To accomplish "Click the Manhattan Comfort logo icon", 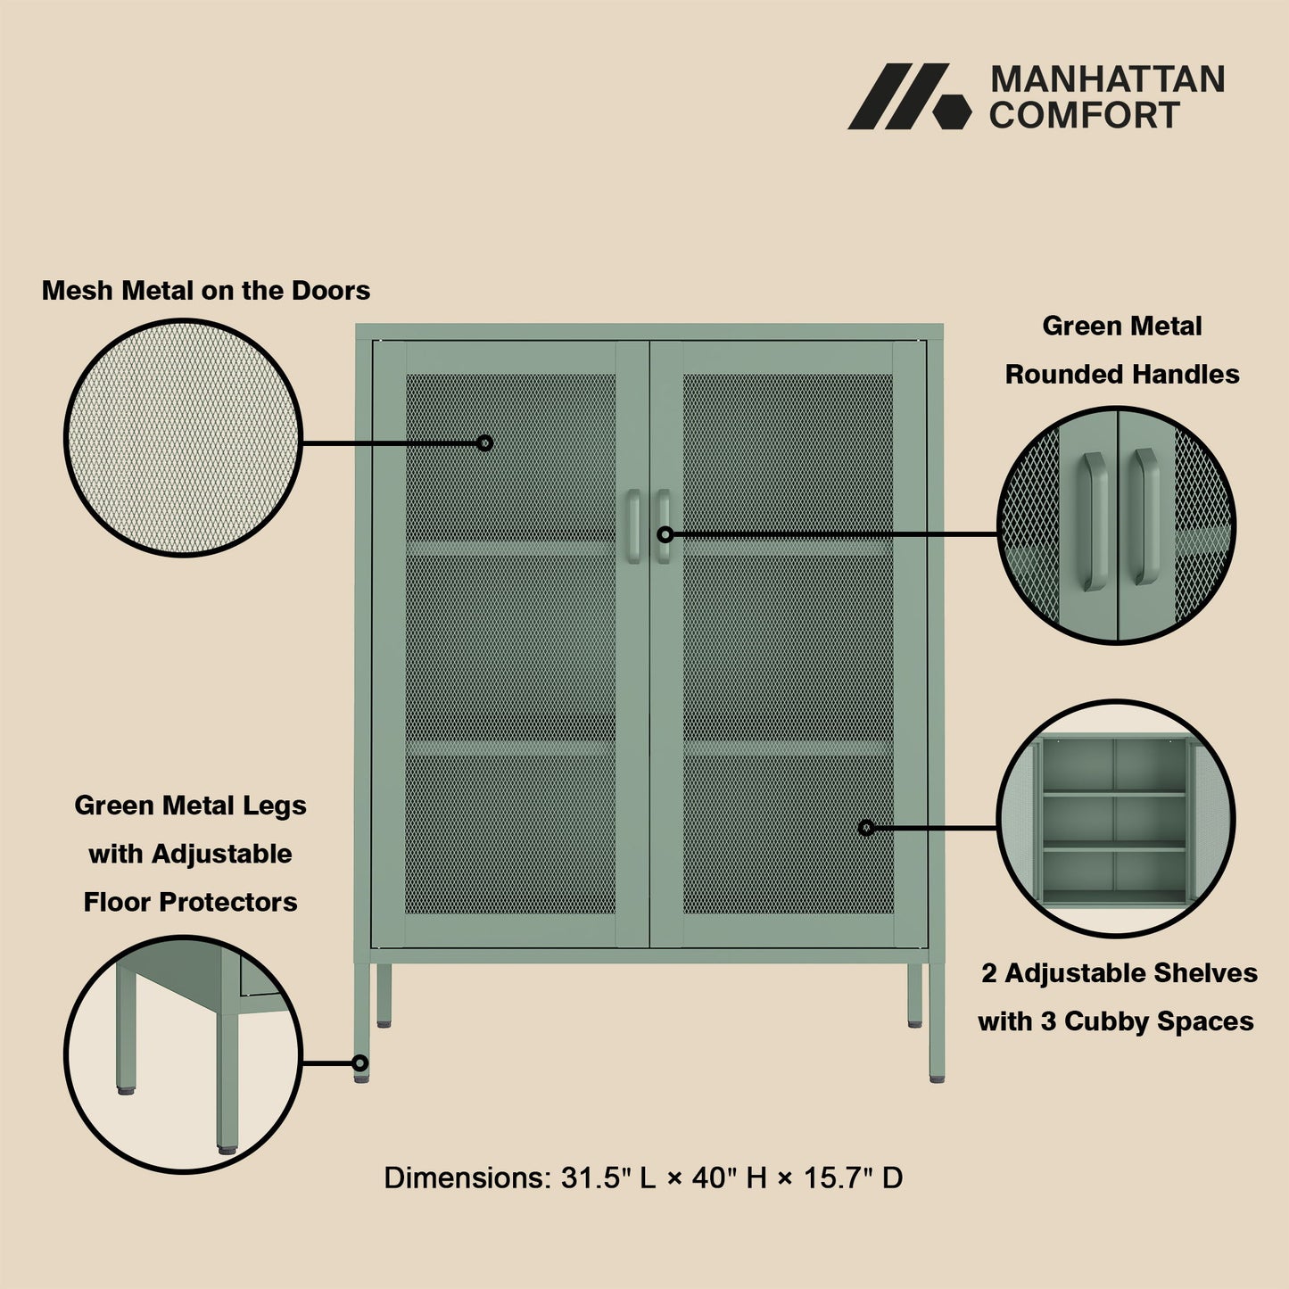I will pyautogui.click(x=908, y=96).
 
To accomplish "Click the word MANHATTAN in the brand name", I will pyautogui.click(x=1107, y=80).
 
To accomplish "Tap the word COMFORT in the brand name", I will pyautogui.click(x=1084, y=116).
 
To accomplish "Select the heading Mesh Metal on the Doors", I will pyautogui.click(x=206, y=291).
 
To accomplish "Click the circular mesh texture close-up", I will pyautogui.click(x=184, y=438).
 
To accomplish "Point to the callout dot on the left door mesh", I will pyautogui.click(x=484, y=442).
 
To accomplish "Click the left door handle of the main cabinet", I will pyautogui.click(x=633, y=525).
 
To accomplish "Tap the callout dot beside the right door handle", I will pyautogui.click(x=665, y=534).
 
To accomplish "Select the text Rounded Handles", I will pyautogui.click(x=1122, y=375).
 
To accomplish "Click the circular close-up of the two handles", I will pyautogui.click(x=1116, y=525).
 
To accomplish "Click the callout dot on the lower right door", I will pyautogui.click(x=865, y=828).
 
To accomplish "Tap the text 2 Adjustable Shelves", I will pyautogui.click(x=1120, y=973).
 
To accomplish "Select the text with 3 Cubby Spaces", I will pyautogui.click(x=1115, y=1021).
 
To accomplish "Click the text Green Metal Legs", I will pyautogui.click(x=190, y=806).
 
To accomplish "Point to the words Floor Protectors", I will pyautogui.click(x=190, y=902).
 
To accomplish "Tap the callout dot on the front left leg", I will pyautogui.click(x=360, y=1062).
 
